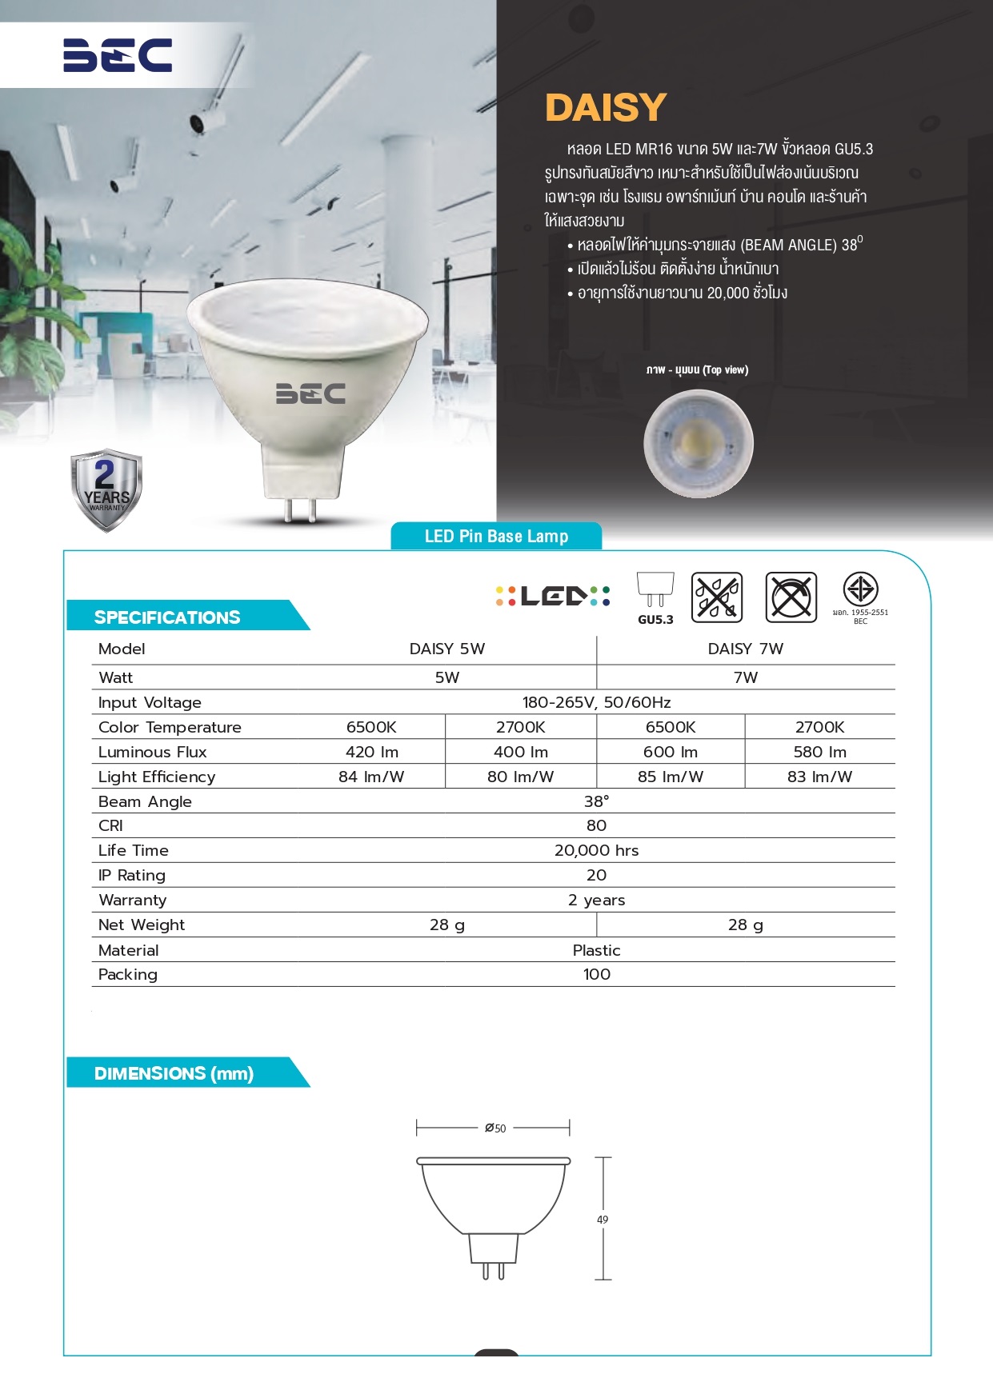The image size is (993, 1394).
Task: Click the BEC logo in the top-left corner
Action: pyautogui.click(x=118, y=55)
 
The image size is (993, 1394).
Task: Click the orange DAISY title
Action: pyautogui.click(x=606, y=108)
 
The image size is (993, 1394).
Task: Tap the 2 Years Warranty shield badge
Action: pyautogui.click(x=106, y=489)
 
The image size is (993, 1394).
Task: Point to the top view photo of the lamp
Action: pyautogui.click(x=699, y=443)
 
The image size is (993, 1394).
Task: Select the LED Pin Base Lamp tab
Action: pyautogui.click(x=496, y=537)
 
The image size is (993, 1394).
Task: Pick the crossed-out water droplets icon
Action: pyautogui.click(x=717, y=597)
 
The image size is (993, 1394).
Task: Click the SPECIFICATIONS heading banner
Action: pyautogui.click(x=168, y=617)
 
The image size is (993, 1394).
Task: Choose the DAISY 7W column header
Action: pyautogui.click(x=745, y=649)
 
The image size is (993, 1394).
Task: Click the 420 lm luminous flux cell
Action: pyautogui.click(x=371, y=752)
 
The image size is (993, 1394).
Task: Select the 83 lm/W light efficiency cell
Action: pyautogui.click(x=819, y=777)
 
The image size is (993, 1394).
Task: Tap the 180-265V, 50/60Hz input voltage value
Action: pyautogui.click(x=596, y=702)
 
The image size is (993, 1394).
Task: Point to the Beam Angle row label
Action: pyautogui.click(x=145, y=801)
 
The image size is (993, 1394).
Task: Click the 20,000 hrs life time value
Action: pyautogui.click(x=596, y=850)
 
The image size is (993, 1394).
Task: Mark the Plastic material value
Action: pyautogui.click(x=596, y=950)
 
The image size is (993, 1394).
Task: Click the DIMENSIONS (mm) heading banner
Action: pyautogui.click(x=174, y=1073)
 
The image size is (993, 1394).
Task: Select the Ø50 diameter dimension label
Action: pyautogui.click(x=495, y=1128)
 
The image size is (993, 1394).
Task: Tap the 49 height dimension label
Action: pyautogui.click(x=603, y=1220)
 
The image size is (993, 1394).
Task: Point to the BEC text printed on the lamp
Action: pyautogui.click(x=310, y=393)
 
